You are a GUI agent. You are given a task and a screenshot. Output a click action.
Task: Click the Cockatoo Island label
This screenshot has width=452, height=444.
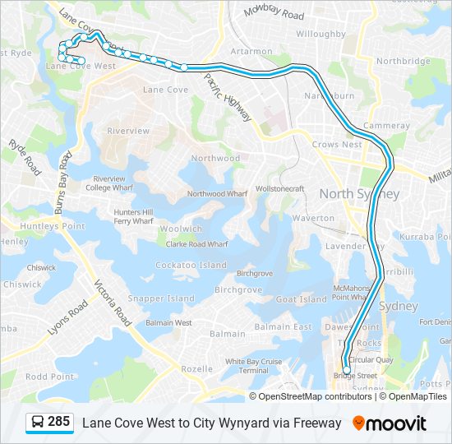191,266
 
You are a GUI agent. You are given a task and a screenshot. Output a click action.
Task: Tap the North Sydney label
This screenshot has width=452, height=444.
359,194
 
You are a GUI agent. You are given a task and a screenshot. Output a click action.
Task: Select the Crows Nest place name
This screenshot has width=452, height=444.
337,145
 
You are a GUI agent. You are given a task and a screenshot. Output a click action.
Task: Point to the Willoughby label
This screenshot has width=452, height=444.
321,35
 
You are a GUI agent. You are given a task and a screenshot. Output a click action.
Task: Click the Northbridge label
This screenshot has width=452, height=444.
404,61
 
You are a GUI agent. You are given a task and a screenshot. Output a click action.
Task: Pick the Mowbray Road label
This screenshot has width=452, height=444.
274,14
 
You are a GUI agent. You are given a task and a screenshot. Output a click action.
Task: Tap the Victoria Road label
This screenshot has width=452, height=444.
113,303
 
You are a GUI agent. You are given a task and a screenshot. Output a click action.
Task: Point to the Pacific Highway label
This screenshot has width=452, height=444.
228,98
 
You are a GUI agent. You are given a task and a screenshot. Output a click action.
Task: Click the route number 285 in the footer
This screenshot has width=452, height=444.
58,422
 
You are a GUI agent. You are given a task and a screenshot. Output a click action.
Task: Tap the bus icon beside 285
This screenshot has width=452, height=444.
38,423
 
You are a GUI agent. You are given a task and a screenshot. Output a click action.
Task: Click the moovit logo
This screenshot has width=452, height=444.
390,423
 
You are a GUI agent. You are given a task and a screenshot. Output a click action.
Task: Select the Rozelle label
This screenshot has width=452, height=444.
196,369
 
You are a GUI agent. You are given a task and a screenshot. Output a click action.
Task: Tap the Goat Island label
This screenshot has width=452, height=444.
302,300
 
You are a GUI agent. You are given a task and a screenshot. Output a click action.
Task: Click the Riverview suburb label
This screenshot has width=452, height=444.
128,131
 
